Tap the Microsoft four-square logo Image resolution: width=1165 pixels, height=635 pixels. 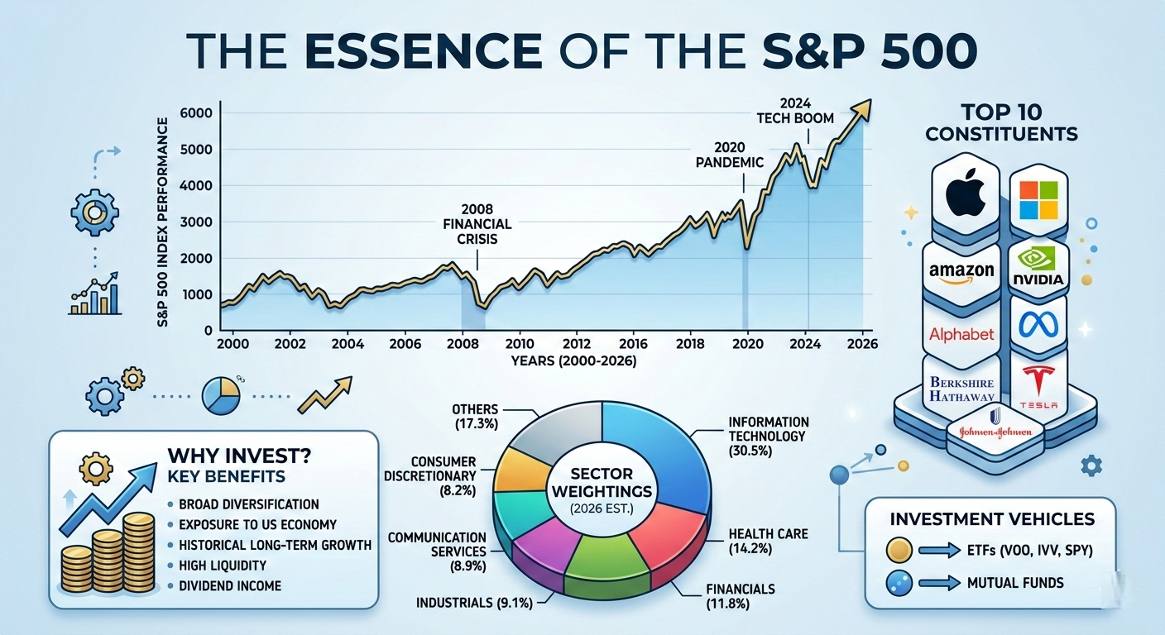click(x=1038, y=201)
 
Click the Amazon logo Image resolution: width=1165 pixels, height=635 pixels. click(x=961, y=272)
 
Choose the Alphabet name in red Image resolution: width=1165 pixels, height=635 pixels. click(x=961, y=334)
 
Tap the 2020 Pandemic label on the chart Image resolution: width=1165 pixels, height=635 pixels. click(x=729, y=154)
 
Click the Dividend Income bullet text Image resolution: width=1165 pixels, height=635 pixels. click(x=231, y=585)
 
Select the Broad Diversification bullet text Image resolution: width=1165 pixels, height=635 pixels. click(x=249, y=504)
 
